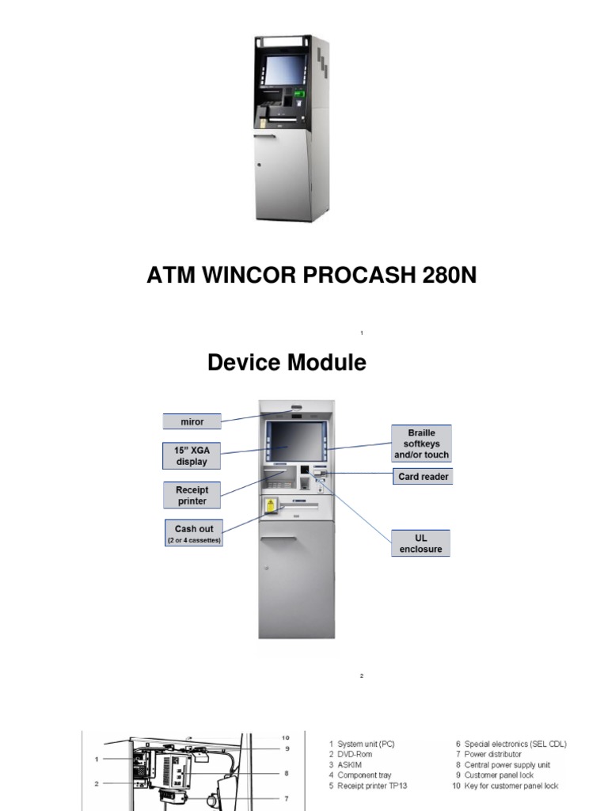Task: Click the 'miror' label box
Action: [x=192, y=422]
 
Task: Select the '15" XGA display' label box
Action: [x=191, y=456]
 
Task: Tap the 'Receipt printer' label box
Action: [x=192, y=495]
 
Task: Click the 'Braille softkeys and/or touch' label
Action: [x=421, y=444]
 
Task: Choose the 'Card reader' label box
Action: [x=424, y=477]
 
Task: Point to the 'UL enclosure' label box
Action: [x=421, y=543]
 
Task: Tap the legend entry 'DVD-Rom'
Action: [x=355, y=755]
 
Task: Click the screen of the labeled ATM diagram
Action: [x=298, y=442]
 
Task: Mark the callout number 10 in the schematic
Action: [x=286, y=738]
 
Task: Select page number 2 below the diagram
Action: [x=361, y=676]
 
